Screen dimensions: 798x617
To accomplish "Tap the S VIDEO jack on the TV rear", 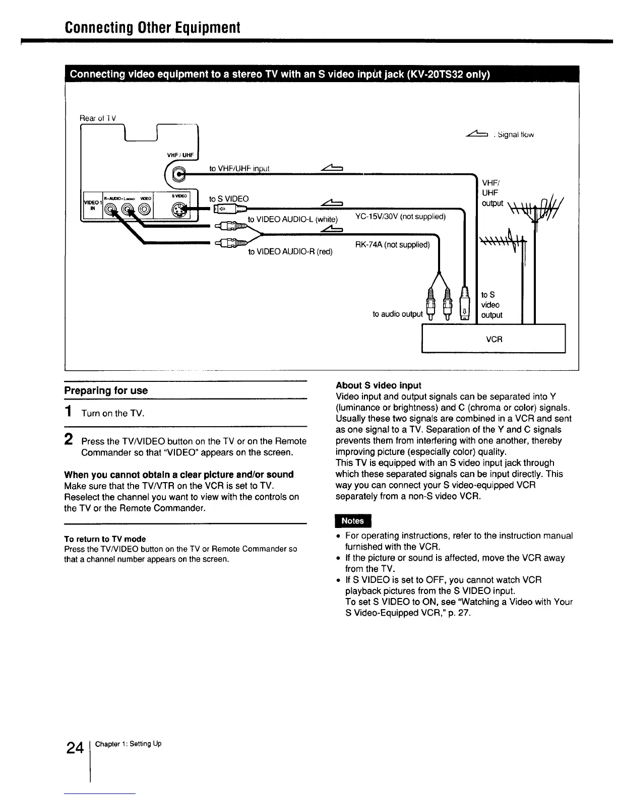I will (x=179, y=208).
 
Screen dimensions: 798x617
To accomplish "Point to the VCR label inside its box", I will (x=494, y=339).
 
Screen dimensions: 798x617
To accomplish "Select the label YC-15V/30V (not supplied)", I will (x=401, y=217).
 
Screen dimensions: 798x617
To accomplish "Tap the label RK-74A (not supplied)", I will (x=392, y=245).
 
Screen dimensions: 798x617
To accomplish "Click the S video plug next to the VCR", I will (x=466, y=304).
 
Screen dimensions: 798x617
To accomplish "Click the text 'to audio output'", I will (x=398, y=314).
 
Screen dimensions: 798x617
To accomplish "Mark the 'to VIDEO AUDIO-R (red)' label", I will (x=290, y=251).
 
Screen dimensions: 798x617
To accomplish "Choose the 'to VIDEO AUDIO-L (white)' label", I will (x=292, y=219).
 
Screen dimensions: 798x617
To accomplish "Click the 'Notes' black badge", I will (x=353, y=520).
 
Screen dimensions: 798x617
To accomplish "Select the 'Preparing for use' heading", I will (x=106, y=390).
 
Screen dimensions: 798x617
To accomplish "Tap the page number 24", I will (x=75, y=748).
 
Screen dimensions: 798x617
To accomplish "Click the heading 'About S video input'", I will (x=378, y=385).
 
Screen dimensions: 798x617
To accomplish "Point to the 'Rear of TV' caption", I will (x=98, y=118).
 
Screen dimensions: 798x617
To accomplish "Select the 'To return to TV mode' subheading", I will (x=105, y=539).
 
